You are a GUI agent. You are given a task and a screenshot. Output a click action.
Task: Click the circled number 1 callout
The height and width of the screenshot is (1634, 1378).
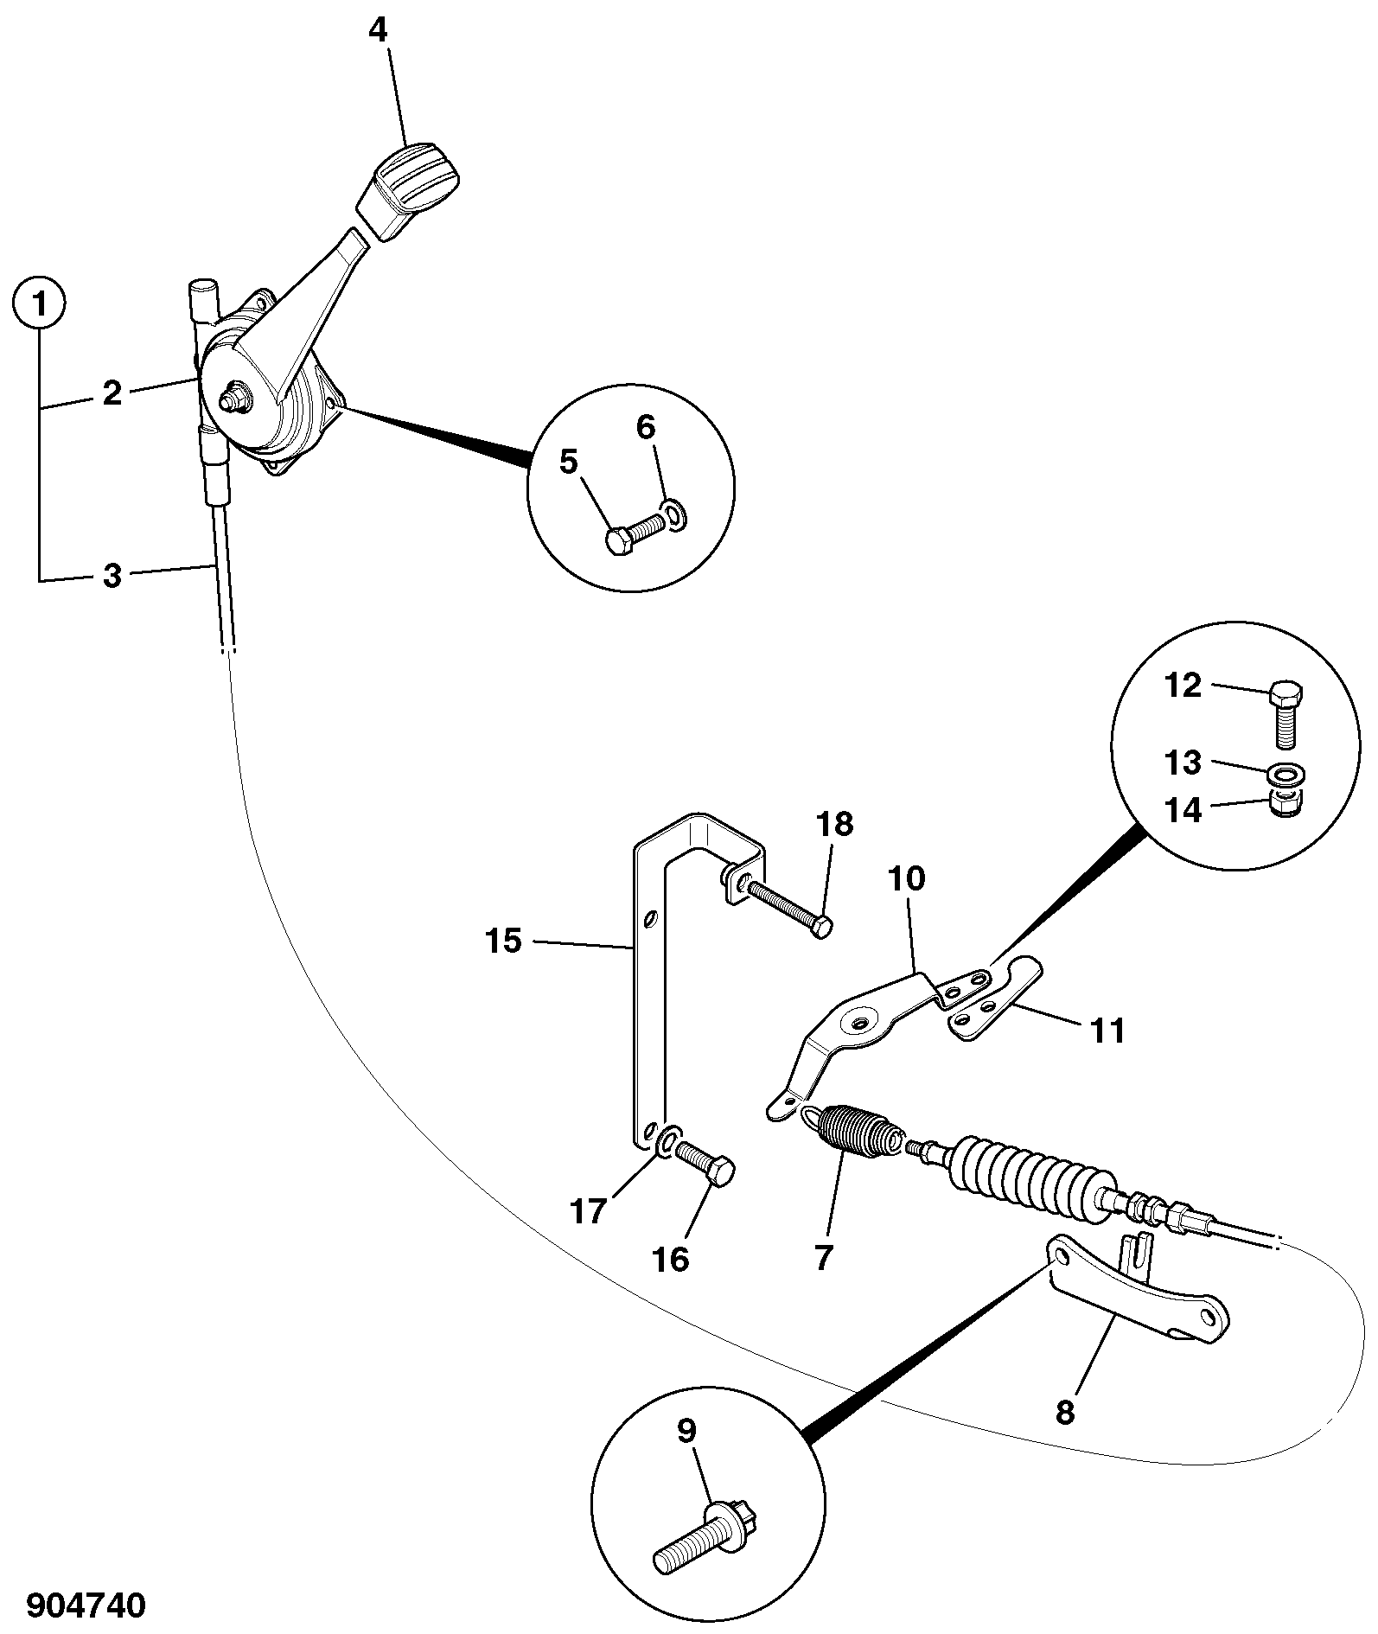pyautogui.click(x=39, y=305)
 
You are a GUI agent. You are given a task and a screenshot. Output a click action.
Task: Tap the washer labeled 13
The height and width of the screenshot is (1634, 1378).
pyautogui.click(x=1288, y=771)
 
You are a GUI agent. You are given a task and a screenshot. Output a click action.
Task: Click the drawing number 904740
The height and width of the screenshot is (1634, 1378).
pyautogui.click(x=86, y=1605)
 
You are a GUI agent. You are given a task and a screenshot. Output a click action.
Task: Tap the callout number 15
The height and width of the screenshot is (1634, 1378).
pyautogui.click(x=504, y=941)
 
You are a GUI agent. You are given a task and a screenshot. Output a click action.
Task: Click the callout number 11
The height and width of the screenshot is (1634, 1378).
pyautogui.click(x=1108, y=1031)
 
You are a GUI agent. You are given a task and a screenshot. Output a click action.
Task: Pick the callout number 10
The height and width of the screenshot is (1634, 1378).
pyautogui.click(x=906, y=878)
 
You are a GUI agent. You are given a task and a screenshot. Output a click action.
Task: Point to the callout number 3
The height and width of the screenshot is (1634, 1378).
pyautogui.click(x=112, y=576)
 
